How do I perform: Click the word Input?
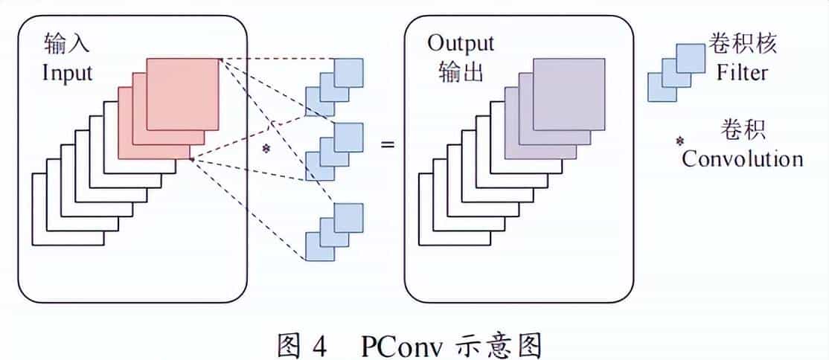pos(68,73)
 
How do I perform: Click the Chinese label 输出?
pos(461,72)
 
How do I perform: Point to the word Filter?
pos(742,72)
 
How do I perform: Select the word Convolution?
pos(743,158)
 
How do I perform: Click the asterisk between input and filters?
pos(266,149)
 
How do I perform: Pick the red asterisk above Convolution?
pos(679,140)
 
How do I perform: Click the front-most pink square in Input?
pos(183,93)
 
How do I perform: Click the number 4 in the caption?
pos(319,346)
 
